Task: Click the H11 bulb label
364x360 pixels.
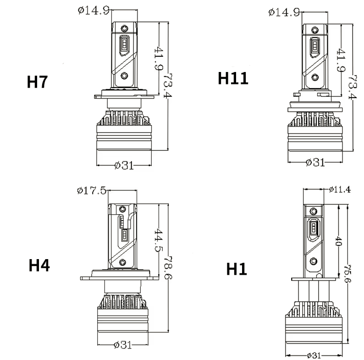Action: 233,78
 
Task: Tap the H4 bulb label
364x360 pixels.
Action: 39,266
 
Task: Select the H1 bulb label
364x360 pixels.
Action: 237,269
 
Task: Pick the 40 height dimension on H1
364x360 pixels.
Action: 339,242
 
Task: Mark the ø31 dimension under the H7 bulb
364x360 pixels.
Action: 124,165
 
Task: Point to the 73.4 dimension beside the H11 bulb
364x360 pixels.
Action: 353,87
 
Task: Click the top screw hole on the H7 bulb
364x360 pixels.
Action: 124,28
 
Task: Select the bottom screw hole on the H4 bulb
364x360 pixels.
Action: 122,262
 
